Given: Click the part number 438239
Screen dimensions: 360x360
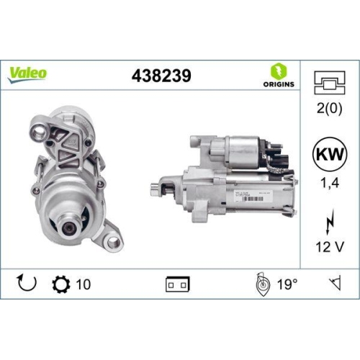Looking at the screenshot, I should pyautogui.click(x=162, y=74).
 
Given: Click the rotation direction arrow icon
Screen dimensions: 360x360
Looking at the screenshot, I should pyautogui.click(x=26, y=284).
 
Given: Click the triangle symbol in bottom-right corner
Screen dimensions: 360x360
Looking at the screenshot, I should pyautogui.click(x=333, y=284).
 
